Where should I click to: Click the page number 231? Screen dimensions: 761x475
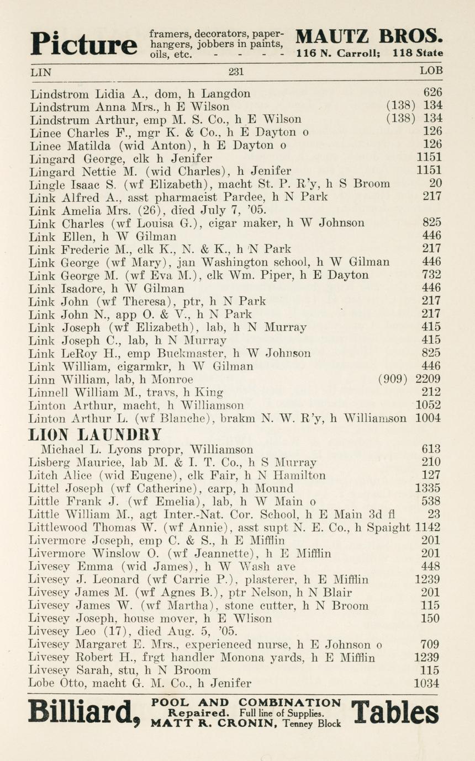236,71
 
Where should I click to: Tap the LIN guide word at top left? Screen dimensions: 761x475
40,71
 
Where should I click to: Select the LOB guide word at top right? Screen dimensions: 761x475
431,71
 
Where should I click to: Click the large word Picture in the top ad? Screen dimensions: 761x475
83,44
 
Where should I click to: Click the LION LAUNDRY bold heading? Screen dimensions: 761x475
96,434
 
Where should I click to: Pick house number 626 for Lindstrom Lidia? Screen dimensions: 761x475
432,93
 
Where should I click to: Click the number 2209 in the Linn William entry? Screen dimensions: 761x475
428,379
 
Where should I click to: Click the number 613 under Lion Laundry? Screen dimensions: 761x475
431,449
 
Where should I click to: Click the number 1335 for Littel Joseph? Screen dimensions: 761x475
428,488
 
